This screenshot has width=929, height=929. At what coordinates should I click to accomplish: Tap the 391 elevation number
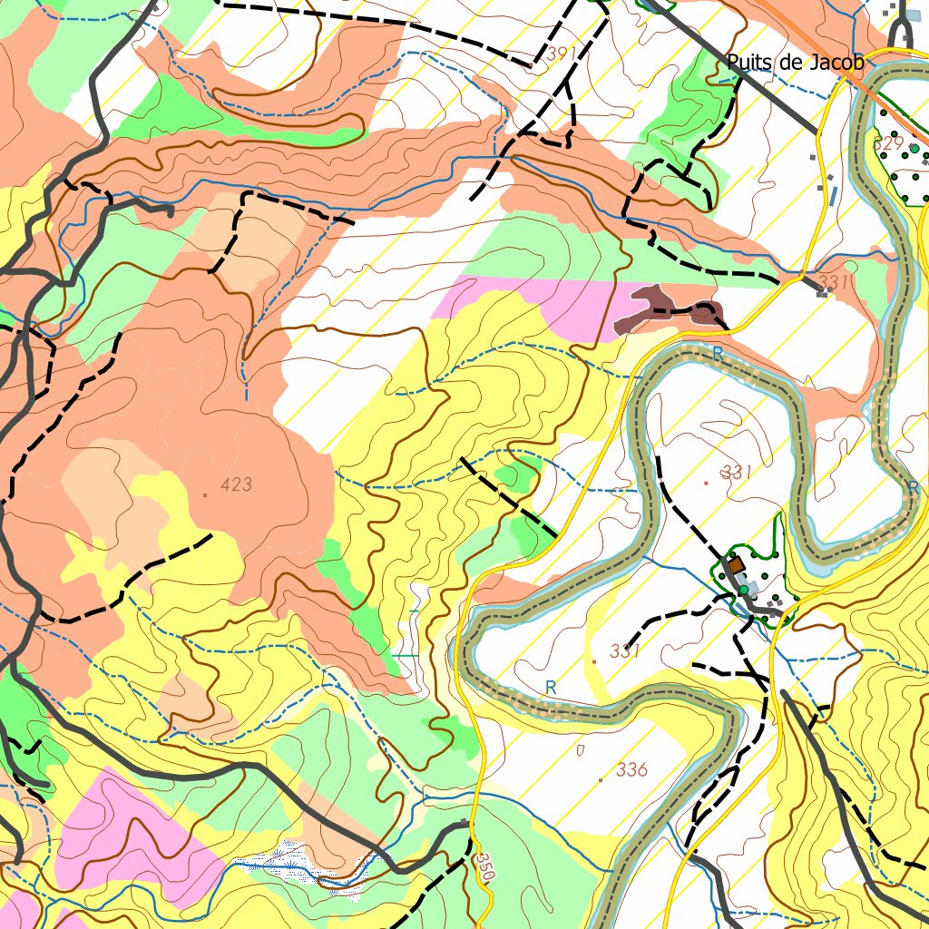[562, 54]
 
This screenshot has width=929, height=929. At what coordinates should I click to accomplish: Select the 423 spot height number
[235, 484]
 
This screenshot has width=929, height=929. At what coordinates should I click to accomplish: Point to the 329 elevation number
[888, 143]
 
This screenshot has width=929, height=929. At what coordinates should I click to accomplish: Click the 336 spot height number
[631, 770]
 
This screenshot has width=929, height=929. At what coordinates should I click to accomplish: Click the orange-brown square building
[735, 565]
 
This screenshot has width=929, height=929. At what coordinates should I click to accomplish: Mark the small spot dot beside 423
[206, 494]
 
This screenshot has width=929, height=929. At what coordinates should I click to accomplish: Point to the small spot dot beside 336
[600, 779]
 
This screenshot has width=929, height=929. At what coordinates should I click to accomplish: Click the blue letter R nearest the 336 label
[551, 689]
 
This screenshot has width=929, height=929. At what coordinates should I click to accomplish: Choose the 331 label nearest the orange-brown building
[737, 472]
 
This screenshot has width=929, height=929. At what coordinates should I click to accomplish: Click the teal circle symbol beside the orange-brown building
[744, 591]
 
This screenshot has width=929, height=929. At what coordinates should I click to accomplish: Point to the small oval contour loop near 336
[581, 749]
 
